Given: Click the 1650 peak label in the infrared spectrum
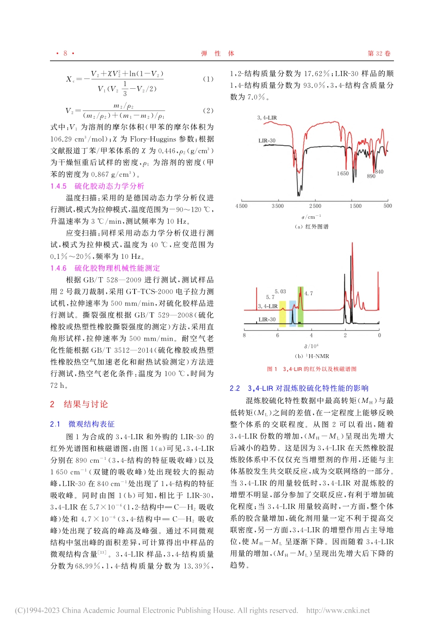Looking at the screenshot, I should click(x=343, y=173).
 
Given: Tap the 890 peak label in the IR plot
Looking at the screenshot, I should click(x=371, y=176).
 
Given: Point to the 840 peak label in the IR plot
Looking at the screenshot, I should click(x=379, y=171).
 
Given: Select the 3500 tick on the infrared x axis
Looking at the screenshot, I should click(x=278, y=206).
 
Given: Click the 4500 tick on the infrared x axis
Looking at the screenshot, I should click(x=242, y=206).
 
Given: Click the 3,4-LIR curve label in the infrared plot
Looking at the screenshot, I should click(x=267, y=118).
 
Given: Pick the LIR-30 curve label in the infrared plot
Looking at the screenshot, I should click(x=267, y=140).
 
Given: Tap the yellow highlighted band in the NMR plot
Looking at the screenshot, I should click(x=282, y=314).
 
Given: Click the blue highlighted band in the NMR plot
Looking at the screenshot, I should click(x=292, y=314).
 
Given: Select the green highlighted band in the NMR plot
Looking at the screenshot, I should click(x=301, y=306).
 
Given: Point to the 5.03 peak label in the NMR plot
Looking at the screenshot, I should click(x=280, y=291).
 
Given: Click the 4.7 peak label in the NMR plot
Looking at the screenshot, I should click(x=308, y=293).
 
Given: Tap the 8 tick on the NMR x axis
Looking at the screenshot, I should click(x=244, y=335).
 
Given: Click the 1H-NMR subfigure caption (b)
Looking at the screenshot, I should click(x=312, y=356).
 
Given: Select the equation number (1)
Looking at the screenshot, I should click(x=208, y=79).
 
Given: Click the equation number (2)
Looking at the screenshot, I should click(x=208, y=111).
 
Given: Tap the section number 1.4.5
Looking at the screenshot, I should click(x=58, y=186).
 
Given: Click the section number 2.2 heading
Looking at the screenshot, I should click(x=235, y=388).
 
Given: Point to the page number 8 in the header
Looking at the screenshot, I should click(x=65, y=53).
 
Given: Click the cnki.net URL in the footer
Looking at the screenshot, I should click(x=338, y=610).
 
